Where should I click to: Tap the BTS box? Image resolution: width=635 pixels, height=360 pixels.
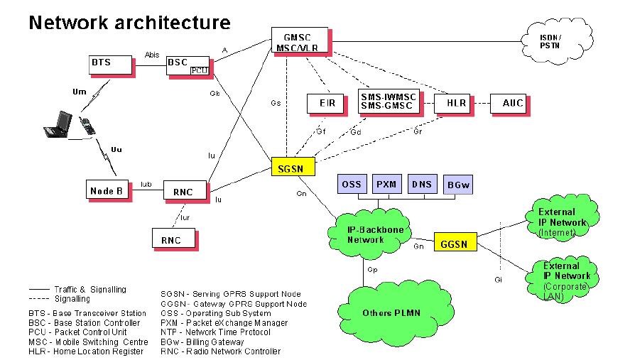coord(110,64)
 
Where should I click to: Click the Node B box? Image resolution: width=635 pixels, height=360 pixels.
coord(107,190)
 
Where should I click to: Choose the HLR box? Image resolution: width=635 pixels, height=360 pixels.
coord(456,103)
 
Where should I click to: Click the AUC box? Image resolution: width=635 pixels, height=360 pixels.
coord(512,103)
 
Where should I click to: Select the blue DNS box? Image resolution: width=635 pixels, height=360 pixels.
coord(421,184)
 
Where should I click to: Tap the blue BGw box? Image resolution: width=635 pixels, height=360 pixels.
coord(458,185)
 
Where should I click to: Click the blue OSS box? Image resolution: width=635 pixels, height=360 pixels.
coord(352,184)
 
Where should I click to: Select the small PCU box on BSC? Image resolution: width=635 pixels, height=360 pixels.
coord(198,70)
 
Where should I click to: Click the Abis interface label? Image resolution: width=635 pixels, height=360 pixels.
coord(151,54)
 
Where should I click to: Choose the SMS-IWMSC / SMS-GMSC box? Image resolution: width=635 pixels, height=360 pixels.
coord(388,102)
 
